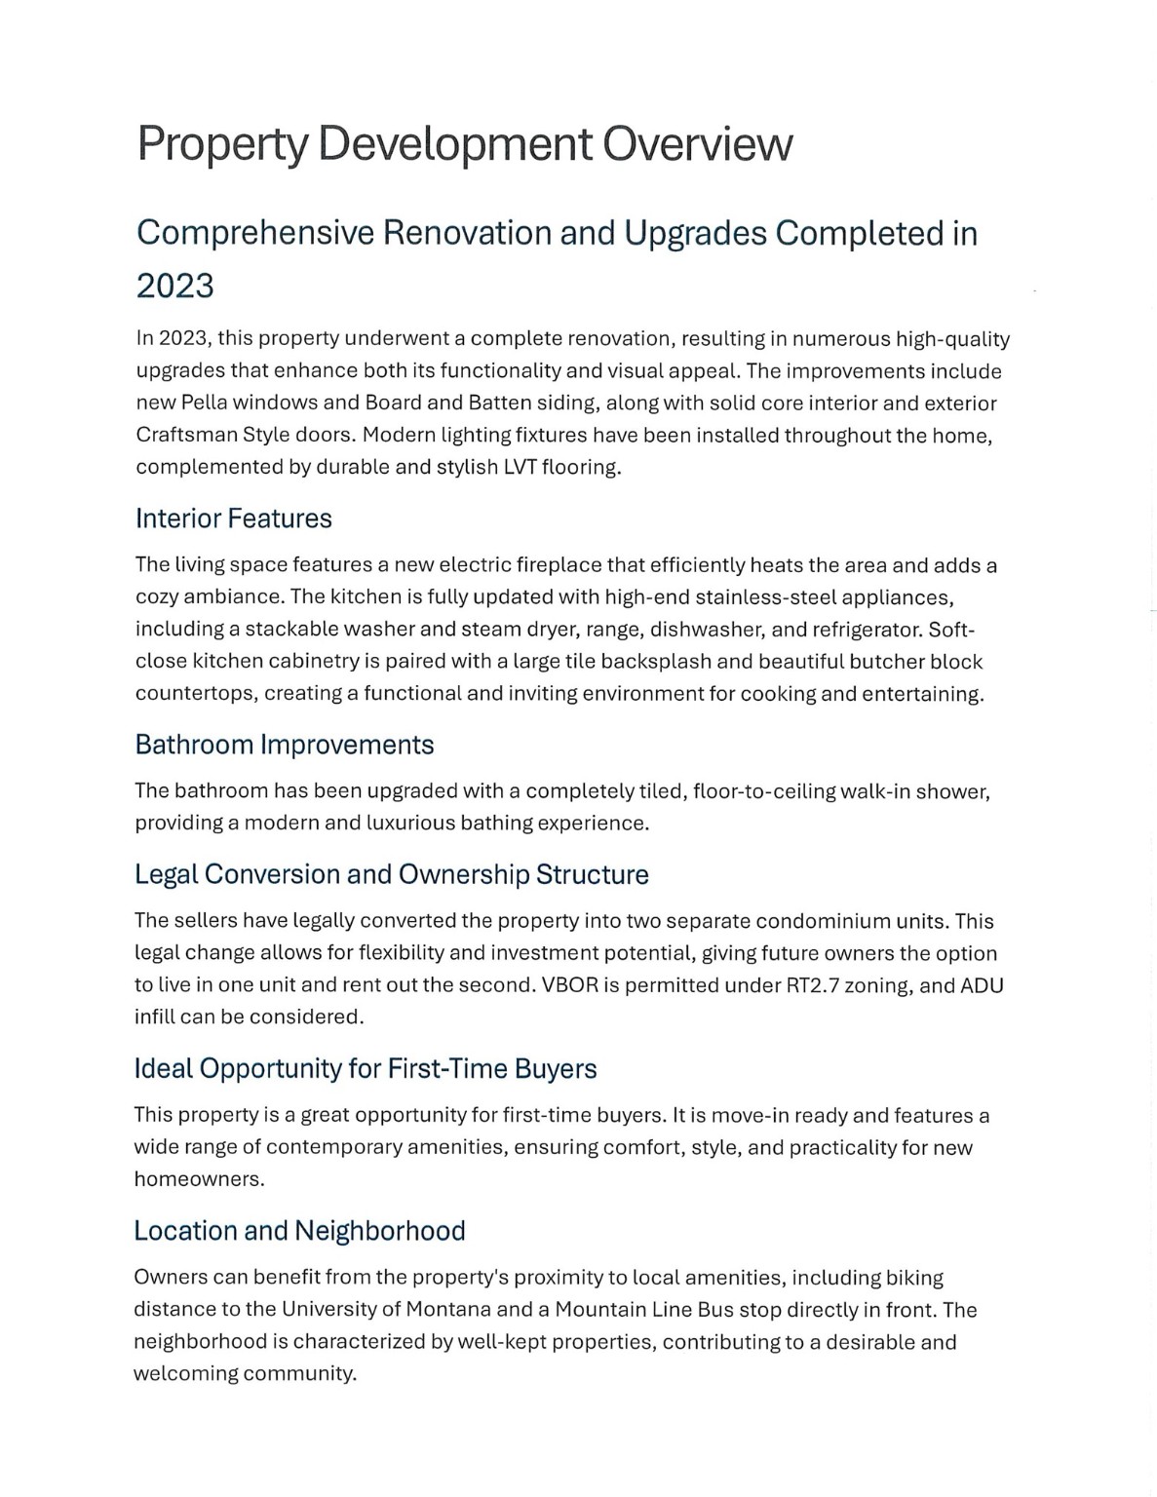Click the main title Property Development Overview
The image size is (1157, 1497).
point(464,144)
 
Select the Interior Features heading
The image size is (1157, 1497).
point(234,518)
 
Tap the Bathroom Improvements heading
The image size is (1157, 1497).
point(284,745)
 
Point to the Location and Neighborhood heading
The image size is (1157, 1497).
point(299,1231)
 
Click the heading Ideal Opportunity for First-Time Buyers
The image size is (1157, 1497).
point(365,1069)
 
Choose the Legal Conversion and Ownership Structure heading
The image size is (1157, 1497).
point(391,874)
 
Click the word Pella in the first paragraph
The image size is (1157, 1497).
point(204,403)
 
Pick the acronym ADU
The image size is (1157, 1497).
point(982,985)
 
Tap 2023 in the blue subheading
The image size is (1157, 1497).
point(174,287)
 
